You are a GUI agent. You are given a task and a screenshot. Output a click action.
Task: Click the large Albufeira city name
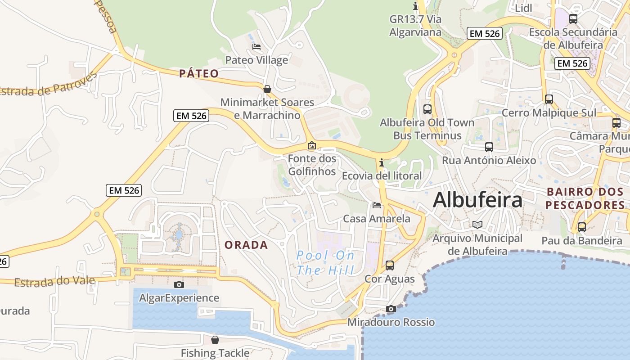pos(477,200)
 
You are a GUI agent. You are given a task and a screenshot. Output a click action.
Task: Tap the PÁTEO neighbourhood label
pos(199,74)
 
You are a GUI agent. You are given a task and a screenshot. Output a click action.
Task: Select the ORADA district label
pos(246,245)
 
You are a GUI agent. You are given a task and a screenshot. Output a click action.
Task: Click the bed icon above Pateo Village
pos(256,47)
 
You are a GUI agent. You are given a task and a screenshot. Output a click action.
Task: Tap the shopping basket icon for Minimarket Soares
pos(267,89)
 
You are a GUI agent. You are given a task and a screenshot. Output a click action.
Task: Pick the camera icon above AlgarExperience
pos(179,284)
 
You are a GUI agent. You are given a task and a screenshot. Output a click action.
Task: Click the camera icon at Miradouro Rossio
pos(391,309)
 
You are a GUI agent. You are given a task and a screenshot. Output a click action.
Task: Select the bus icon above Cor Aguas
pos(390,265)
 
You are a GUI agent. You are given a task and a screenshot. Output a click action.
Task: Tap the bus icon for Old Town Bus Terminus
pos(427,109)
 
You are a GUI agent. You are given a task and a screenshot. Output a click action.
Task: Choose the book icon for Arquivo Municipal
pos(477,225)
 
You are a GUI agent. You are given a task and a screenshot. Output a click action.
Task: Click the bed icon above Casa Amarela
pos(377,205)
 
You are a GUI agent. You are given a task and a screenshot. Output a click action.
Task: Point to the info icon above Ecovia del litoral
pos(382,162)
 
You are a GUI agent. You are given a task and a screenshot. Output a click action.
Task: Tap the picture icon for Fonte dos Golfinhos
pos(311,145)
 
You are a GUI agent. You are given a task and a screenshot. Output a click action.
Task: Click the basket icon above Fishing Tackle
pos(215,340)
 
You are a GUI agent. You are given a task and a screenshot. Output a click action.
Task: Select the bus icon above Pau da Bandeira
pos(582,227)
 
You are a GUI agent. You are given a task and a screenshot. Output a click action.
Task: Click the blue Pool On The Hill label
pos(325,263)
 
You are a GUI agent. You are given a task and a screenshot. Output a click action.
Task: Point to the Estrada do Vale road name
pos(54,282)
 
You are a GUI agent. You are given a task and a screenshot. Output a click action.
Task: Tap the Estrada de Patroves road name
pos(48,85)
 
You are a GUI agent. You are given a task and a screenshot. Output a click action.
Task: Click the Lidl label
pos(523,8)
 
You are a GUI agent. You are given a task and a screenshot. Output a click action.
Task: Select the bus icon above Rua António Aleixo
pos(489,147)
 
